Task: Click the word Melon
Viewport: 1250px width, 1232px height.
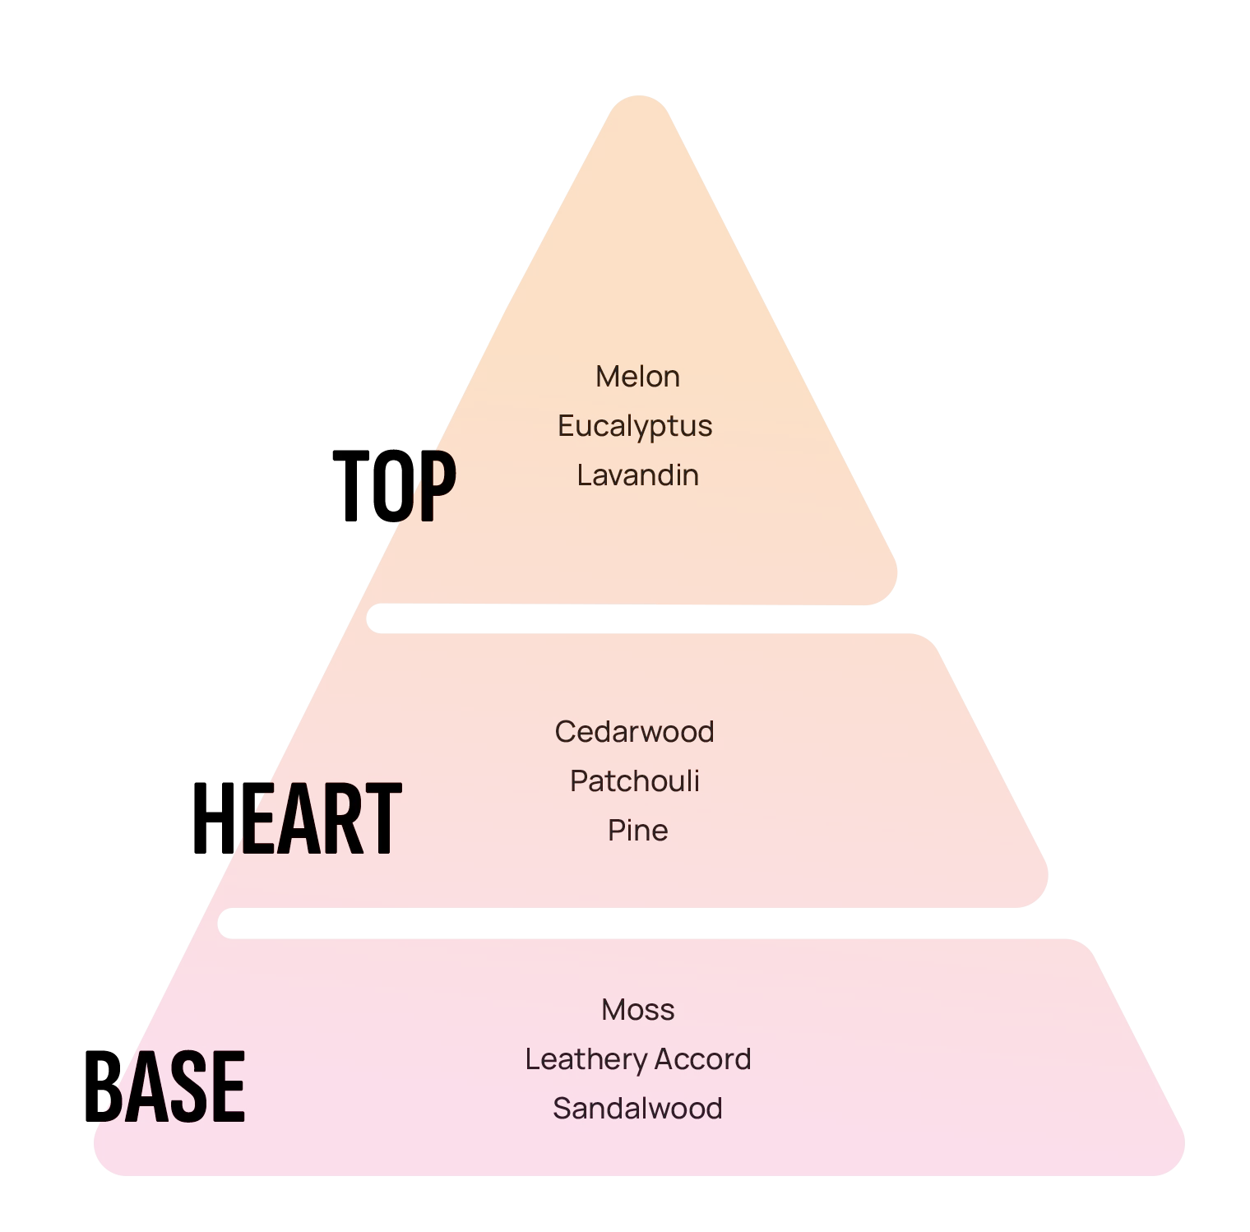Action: point(637,377)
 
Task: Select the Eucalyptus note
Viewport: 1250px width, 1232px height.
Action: point(635,426)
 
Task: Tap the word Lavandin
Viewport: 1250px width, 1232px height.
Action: point(637,475)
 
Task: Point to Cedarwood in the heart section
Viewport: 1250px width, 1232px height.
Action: point(634,732)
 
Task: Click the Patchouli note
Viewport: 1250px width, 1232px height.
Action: point(634,781)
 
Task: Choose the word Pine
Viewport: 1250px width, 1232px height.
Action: point(637,831)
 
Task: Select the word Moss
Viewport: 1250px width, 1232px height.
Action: point(637,1010)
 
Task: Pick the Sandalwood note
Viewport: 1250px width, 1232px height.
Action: point(637,1109)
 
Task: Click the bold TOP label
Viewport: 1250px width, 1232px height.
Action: point(394,486)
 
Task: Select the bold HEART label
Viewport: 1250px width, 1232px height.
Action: point(297,818)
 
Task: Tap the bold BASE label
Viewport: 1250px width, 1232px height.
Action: point(164,1086)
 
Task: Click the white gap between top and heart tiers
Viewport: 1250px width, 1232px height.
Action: point(641,618)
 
